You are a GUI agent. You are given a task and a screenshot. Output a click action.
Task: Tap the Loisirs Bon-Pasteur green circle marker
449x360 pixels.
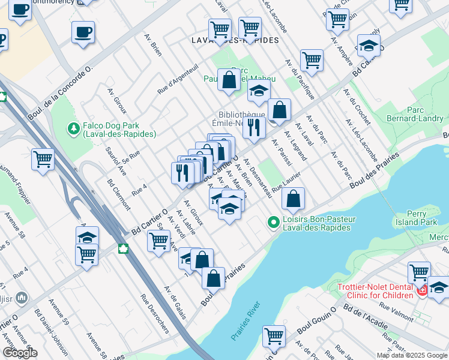coord(274,223)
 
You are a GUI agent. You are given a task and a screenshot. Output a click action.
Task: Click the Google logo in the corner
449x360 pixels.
coord(20,353)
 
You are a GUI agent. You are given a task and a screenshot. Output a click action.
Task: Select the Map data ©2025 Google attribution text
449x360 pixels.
coord(412,355)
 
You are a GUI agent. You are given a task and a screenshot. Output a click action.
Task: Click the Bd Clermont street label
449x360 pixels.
coord(118,194)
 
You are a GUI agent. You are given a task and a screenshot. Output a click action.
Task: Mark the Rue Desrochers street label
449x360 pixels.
coord(154,308)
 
